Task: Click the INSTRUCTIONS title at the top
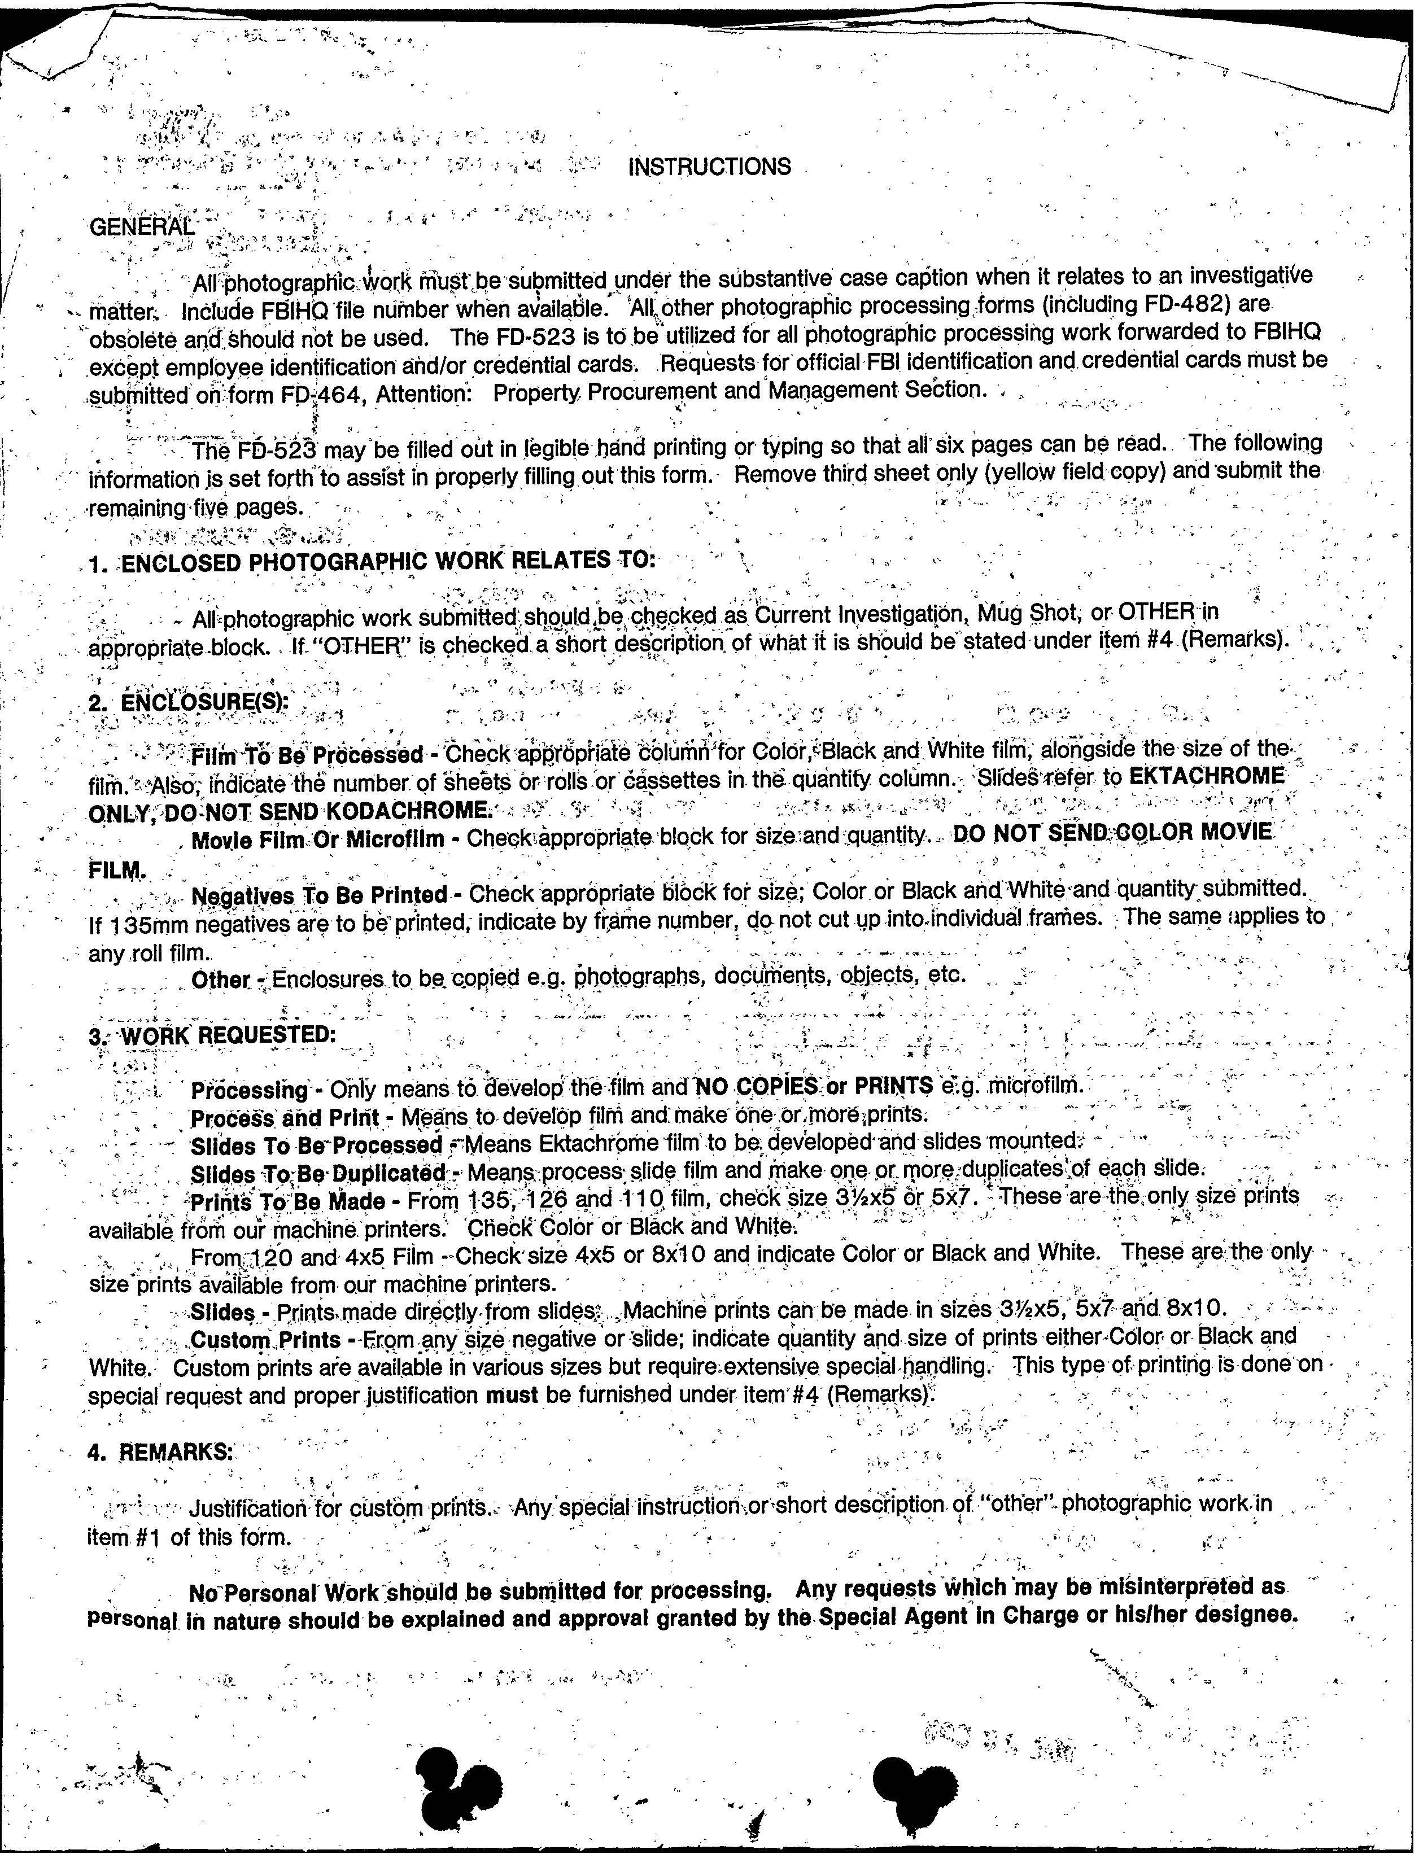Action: click(709, 167)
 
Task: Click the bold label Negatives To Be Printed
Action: click(319, 894)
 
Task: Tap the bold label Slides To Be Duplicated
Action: click(317, 1174)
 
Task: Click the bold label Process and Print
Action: click(284, 1118)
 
